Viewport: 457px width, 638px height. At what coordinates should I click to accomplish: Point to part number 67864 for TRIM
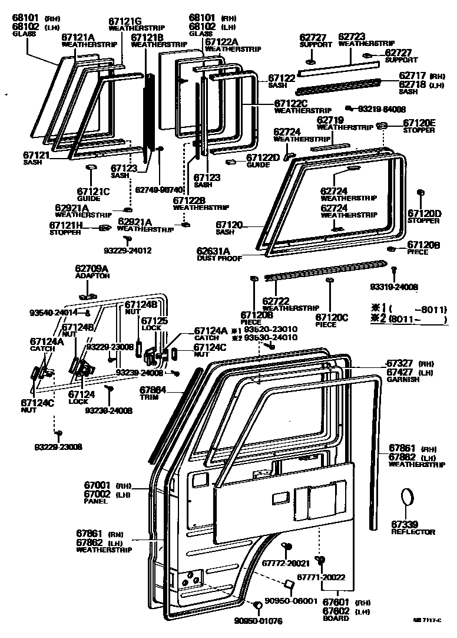click(x=153, y=390)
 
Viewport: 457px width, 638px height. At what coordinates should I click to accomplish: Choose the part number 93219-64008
click(x=382, y=109)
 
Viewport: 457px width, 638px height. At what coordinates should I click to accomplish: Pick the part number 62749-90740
click(x=160, y=190)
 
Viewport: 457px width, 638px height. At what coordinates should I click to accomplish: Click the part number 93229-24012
click(x=127, y=251)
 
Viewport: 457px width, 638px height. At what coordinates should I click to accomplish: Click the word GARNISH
click(x=403, y=380)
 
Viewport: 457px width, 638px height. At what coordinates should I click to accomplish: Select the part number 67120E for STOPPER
click(x=419, y=123)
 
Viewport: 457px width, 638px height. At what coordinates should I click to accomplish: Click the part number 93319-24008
click(x=394, y=287)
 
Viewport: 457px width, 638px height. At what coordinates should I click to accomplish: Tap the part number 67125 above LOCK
click(x=154, y=320)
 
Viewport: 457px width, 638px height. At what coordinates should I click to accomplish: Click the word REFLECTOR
click(x=413, y=532)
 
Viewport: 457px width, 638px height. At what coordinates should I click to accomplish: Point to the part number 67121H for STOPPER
click(x=66, y=225)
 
